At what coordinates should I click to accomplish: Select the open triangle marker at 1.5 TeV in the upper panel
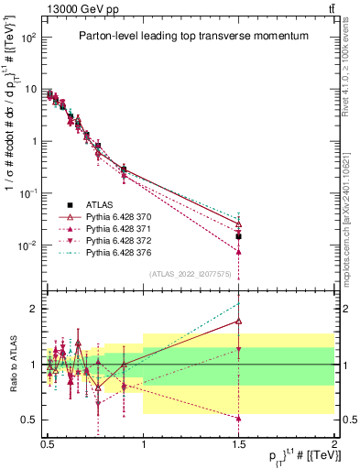(x=239, y=224)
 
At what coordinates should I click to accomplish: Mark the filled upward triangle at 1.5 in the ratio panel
(x=239, y=419)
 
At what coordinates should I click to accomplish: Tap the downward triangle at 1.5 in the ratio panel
(x=239, y=349)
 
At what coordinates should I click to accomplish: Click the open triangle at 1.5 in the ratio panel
(x=239, y=321)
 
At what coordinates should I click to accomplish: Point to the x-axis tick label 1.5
(x=239, y=442)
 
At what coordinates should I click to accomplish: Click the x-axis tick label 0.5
(x=48, y=442)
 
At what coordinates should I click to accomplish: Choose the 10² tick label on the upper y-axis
(x=30, y=38)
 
